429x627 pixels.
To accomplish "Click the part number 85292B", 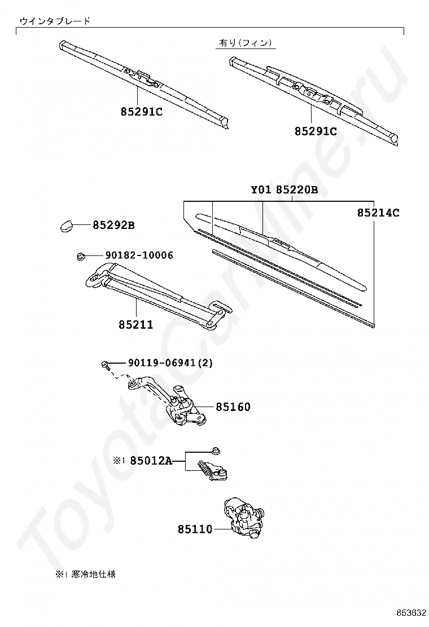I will click(113, 226).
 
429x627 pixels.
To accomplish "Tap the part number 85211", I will click(135, 325).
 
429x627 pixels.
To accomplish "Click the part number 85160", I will click(233, 407).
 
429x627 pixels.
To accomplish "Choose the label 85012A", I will click(151, 461).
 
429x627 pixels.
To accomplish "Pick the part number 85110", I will click(195, 529).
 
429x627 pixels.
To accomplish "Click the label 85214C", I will click(378, 213).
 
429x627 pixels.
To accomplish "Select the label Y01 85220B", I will click(284, 190).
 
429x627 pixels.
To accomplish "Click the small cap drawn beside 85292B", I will click(67, 226).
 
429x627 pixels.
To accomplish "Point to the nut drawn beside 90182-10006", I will click(80, 256).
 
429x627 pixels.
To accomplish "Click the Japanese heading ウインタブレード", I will click(55, 21).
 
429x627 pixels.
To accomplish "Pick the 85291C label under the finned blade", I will click(316, 131).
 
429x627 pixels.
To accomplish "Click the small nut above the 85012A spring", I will click(217, 450).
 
